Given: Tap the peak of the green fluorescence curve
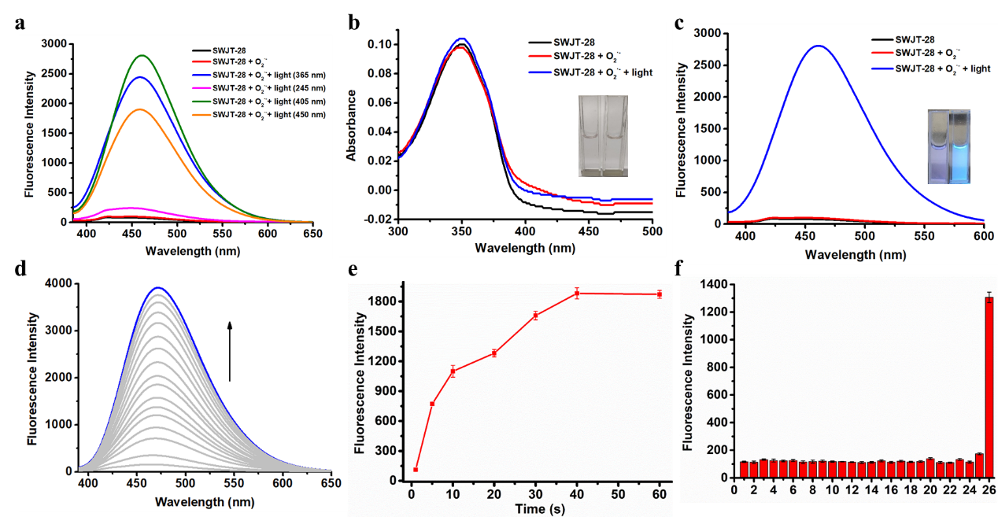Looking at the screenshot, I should (x=142, y=56).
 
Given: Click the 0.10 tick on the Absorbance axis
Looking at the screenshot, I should (x=381, y=44).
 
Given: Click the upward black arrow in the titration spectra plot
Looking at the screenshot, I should (x=230, y=350).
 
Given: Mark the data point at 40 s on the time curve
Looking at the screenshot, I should (x=577, y=294).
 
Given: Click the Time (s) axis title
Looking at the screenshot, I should (x=538, y=507).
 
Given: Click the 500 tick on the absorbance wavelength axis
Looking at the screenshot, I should (x=652, y=232).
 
